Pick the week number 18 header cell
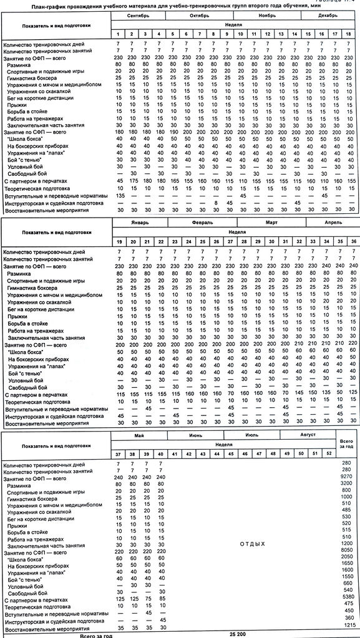click(353, 32)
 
